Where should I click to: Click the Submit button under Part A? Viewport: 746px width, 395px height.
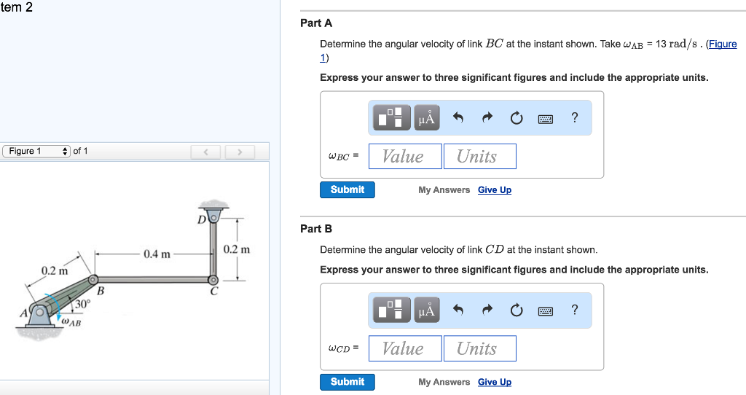(x=348, y=189)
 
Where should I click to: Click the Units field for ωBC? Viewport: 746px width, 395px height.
(x=479, y=157)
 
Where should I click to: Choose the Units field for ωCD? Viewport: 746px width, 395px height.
(x=479, y=348)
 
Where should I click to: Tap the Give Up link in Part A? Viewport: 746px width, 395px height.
(x=495, y=190)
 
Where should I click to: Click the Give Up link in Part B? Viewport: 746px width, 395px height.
(x=495, y=382)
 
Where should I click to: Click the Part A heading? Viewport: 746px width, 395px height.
(x=316, y=23)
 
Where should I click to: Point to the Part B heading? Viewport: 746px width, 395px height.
(x=316, y=229)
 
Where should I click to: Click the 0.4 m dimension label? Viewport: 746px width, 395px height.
(x=157, y=254)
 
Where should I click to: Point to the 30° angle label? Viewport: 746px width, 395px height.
(x=83, y=303)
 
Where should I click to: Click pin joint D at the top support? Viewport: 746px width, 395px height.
(x=213, y=216)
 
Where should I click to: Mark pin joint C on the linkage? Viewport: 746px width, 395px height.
(x=213, y=280)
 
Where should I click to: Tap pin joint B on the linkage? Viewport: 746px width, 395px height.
(x=93, y=280)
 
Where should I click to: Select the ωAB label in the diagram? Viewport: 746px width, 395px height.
(x=71, y=321)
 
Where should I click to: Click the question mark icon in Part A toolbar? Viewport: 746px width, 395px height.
(x=575, y=117)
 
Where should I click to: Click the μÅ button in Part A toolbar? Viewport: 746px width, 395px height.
(x=427, y=118)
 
